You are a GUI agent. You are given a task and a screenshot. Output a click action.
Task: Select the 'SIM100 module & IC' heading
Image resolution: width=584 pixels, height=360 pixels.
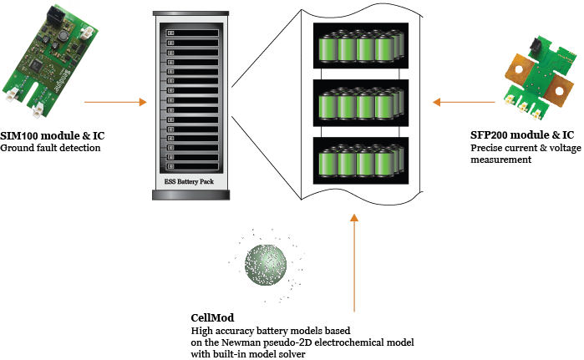53,135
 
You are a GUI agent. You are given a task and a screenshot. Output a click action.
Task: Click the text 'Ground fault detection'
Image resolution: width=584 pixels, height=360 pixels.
50,148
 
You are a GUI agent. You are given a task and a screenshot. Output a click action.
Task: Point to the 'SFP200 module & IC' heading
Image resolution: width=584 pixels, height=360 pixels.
522,135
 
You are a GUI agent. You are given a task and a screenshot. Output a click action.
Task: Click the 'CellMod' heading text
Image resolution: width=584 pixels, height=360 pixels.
211,318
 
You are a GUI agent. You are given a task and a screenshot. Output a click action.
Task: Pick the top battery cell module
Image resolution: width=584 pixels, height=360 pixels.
359,46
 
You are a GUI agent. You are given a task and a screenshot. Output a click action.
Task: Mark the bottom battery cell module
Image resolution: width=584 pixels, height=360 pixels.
359,160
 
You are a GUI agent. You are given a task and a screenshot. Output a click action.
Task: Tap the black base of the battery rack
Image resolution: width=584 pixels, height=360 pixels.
185,194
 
